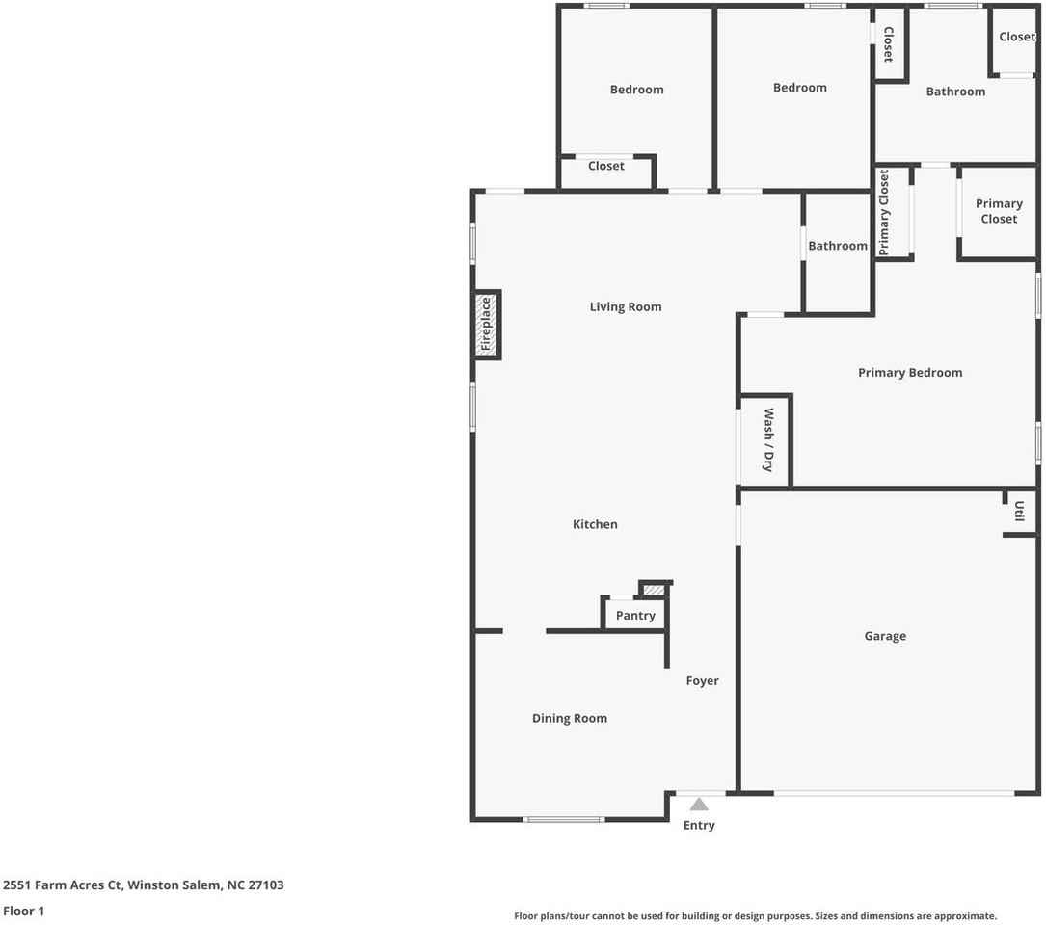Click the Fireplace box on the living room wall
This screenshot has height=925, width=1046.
click(x=487, y=325)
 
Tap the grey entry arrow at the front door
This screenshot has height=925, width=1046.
click(x=699, y=805)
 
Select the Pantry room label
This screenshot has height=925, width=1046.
click(x=635, y=616)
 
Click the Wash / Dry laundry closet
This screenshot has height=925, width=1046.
click(x=767, y=440)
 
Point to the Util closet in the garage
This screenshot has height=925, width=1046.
click(x=1019, y=512)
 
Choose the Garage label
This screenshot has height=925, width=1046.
click(x=885, y=636)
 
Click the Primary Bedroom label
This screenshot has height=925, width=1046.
click(x=910, y=373)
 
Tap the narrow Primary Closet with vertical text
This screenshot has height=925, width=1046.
click(x=885, y=213)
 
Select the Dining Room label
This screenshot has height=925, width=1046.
click(x=570, y=718)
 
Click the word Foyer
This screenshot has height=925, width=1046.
click(x=703, y=681)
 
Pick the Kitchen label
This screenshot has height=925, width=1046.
click(x=595, y=524)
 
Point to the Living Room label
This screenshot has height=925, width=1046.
click(x=626, y=307)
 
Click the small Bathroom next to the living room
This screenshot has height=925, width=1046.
click(x=837, y=246)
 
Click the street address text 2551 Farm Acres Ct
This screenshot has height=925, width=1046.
click(x=144, y=885)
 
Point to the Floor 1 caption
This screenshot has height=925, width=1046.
click(x=24, y=911)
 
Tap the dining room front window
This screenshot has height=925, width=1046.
click(x=565, y=820)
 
